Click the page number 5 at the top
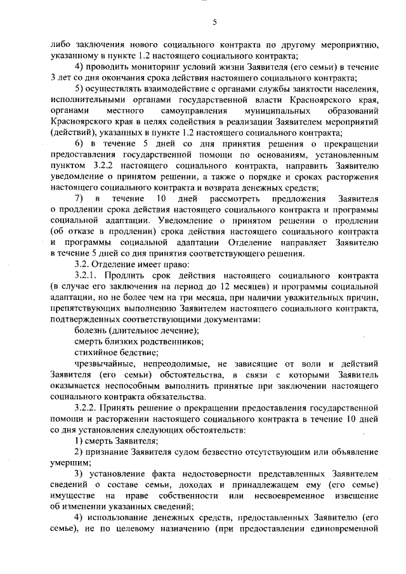tap(214, 23)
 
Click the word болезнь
tap(91, 330)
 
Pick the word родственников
tap(173, 342)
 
